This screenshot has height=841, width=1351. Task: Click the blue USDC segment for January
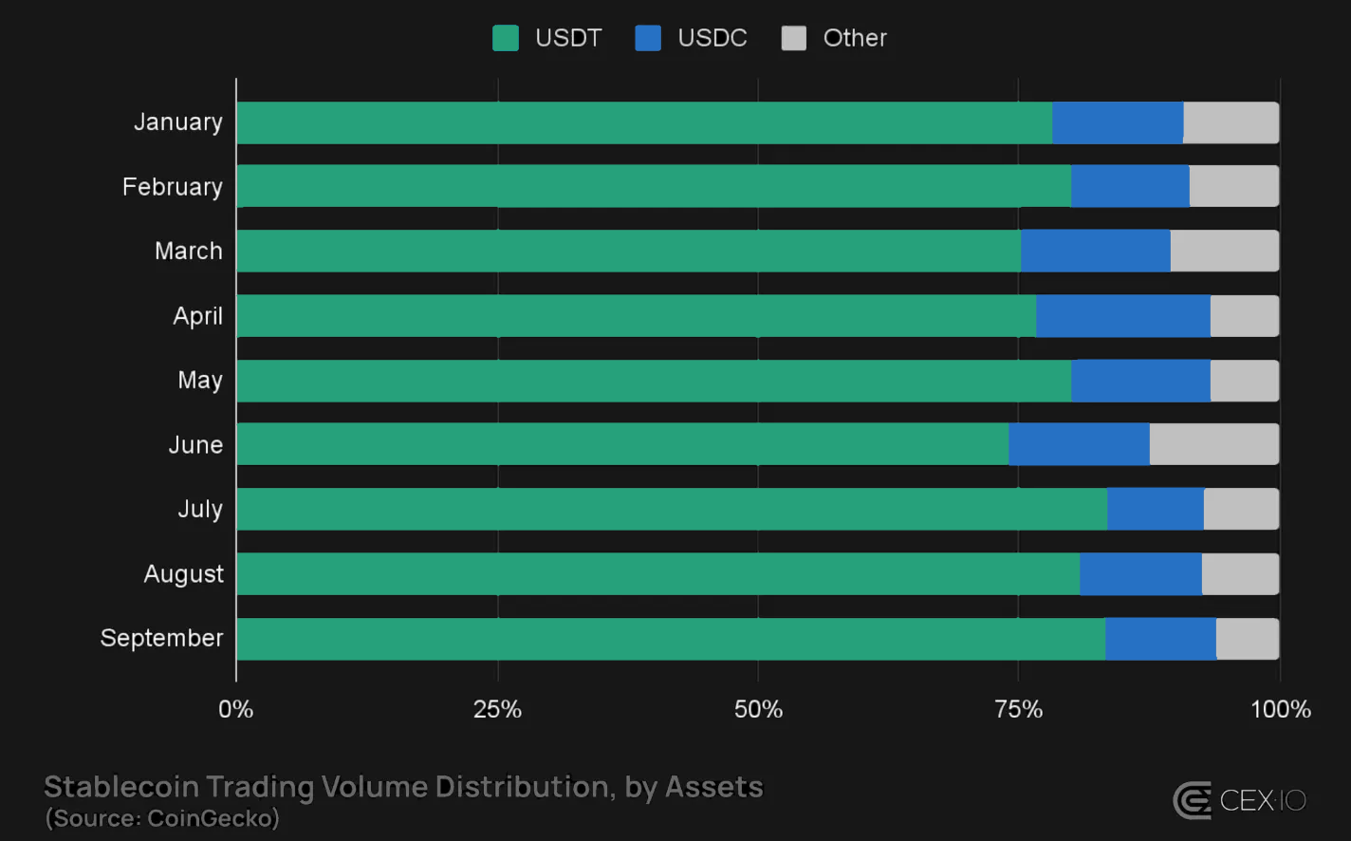(x=1118, y=122)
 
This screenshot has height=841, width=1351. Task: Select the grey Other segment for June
(x=1213, y=444)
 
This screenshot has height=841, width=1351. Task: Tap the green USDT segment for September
(x=670, y=639)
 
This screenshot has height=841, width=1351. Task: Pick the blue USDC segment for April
(x=1122, y=316)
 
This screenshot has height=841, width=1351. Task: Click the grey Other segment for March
(x=1224, y=252)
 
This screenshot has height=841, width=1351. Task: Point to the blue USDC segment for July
(x=1155, y=509)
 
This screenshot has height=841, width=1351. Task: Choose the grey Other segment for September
(x=1247, y=639)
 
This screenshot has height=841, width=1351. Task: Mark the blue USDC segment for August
(x=1140, y=574)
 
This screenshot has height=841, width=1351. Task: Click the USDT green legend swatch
(x=506, y=38)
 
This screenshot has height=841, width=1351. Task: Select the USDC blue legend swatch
(x=648, y=38)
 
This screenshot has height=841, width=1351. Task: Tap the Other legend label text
(x=854, y=38)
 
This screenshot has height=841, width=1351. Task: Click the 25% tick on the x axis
(x=497, y=709)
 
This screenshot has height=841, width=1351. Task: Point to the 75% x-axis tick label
(x=1018, y=709)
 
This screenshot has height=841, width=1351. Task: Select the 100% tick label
(x=1280, y=709)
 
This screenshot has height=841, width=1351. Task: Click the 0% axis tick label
(x=236, y=709)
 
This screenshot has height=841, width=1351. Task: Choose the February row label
(x=172, y=187)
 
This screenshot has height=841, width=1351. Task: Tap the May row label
(x=199, y=381)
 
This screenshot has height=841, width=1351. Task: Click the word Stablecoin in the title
(x=121, y=787)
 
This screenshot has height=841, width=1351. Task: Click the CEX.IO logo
(x=1239, y=800)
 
